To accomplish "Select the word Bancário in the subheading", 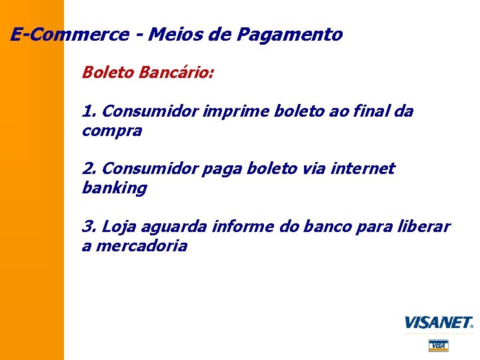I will (177, 72).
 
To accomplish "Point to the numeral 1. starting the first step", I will (90, 111).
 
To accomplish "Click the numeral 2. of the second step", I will (90, 169).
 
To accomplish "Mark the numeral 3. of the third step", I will (90, 227).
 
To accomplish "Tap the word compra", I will (111, 131).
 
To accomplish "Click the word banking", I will (114, 189).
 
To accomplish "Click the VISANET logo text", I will (437, 323).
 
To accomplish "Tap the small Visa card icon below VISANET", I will (438, 345).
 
